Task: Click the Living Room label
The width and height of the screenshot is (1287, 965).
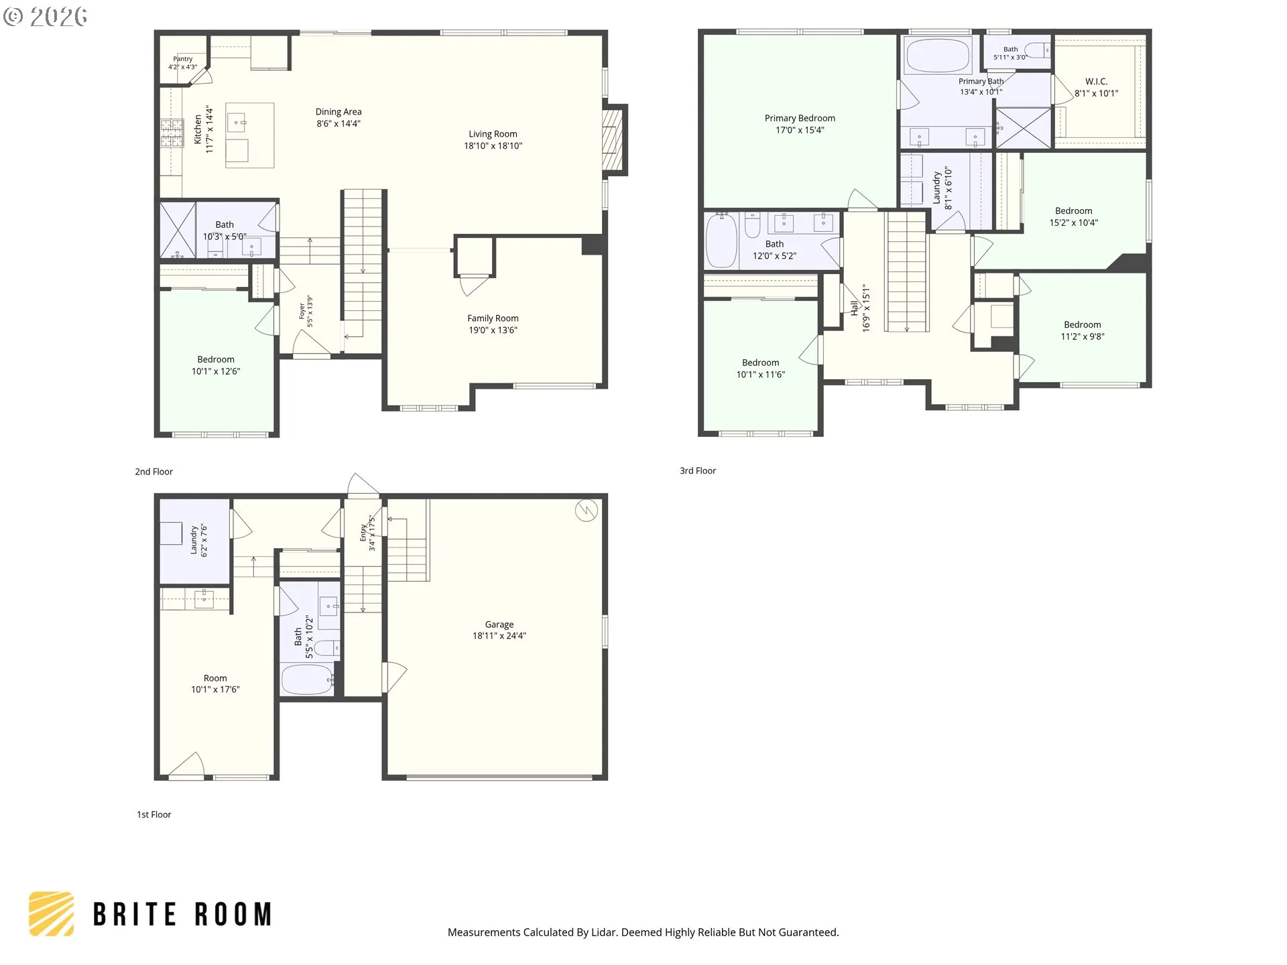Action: click(x=493, y=134)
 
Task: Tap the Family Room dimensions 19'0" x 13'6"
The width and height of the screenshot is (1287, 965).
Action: click(x=493, y=330)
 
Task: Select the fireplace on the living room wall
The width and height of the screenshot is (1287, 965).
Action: click(x=613, y=140)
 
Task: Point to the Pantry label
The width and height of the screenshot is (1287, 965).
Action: click(x=182, y=59)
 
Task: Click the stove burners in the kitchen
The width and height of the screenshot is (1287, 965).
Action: click(x=172, y=133)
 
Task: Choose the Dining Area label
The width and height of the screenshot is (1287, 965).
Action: click(x=339, y=112)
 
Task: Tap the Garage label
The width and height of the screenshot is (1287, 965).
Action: click(x=499, y=625)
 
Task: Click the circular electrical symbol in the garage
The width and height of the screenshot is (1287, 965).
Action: click(x=587, y=511)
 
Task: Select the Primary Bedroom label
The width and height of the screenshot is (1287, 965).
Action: click(x=800, y=118)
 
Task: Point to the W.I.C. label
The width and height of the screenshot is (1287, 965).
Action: click(x=1097, y=82)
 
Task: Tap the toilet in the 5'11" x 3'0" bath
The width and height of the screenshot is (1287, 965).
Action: click(x=1038, y=50)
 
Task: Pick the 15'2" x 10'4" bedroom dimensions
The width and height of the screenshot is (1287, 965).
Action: click(x=1074, y=223)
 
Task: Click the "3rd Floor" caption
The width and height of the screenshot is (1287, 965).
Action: click(x=698, y=471)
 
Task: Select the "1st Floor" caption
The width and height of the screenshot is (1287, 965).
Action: click(x=154, y=815)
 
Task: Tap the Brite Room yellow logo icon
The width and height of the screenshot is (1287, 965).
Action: click(x=52, y=913)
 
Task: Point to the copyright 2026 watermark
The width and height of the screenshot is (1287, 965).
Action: click(x=46, y=17)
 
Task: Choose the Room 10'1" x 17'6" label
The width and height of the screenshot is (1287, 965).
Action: click(x=215, y=684)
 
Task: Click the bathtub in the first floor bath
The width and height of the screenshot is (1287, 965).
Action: click(x=308, y=680)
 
